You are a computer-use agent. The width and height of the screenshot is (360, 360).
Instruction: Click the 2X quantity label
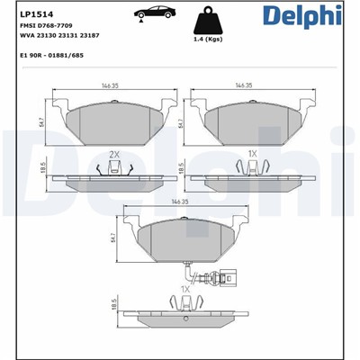click(114, 155)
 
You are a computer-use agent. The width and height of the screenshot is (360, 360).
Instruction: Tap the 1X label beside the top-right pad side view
click(253, 155)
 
